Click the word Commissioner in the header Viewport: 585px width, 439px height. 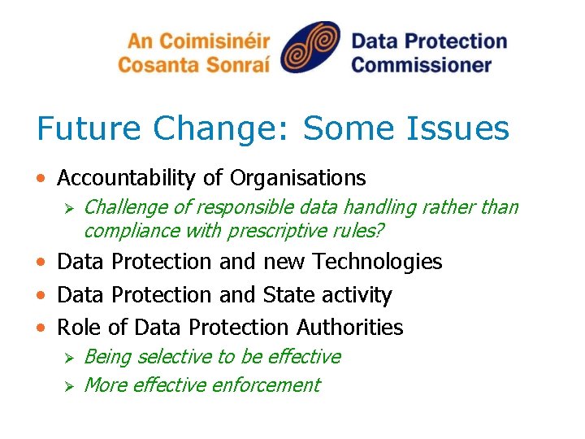click(421, 63)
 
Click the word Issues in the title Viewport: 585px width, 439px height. click(463, 128)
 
